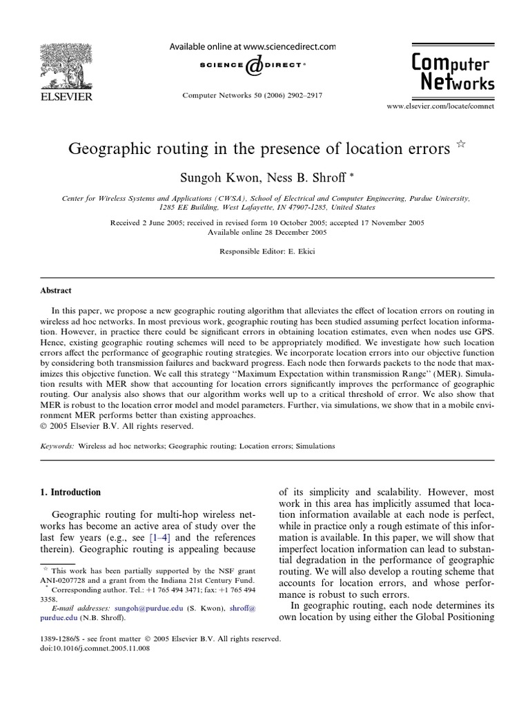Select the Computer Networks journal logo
tap(453, 73)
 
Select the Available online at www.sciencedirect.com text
tap(253, 46)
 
